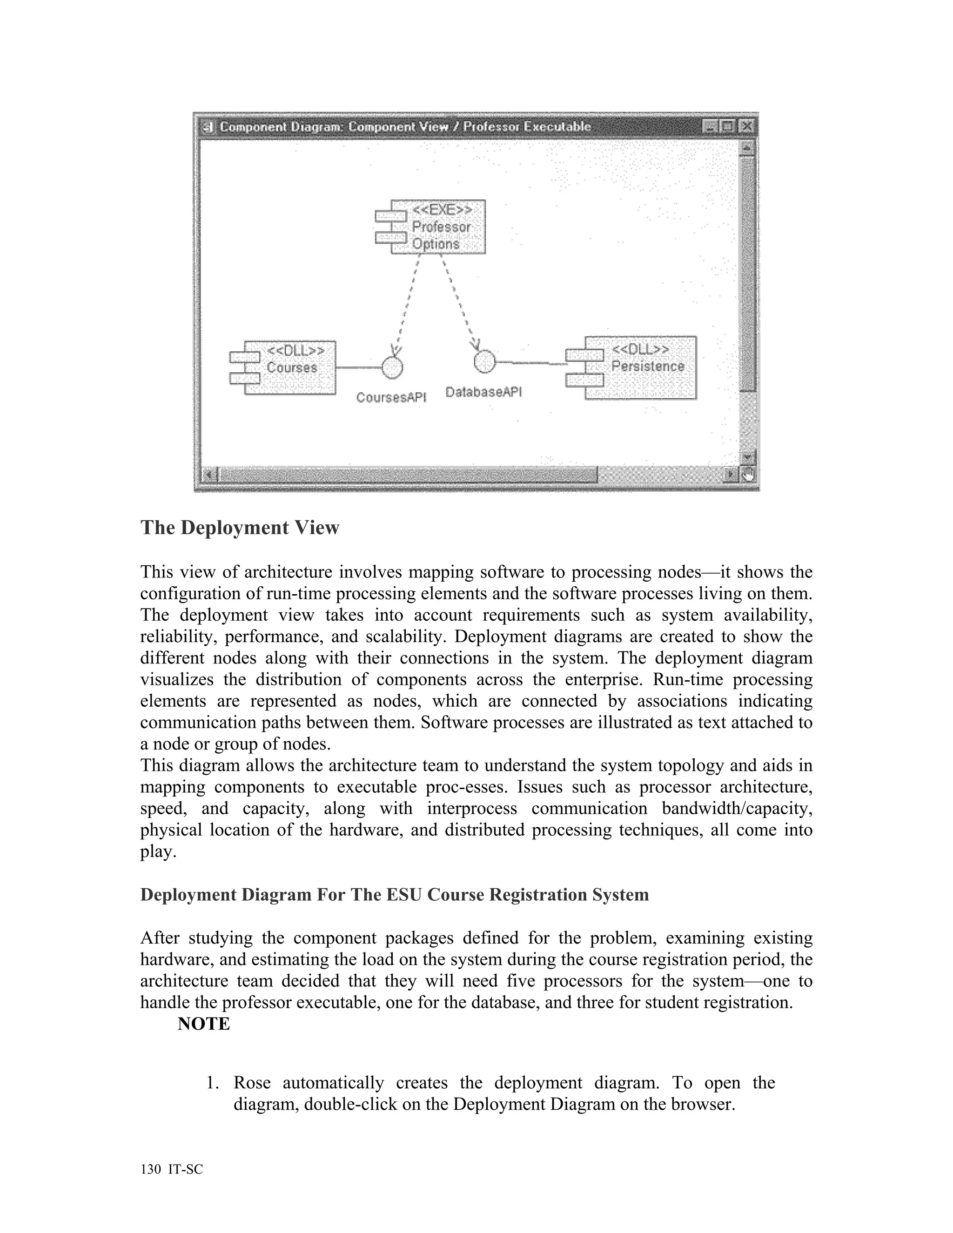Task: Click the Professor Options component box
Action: tap(437, 227)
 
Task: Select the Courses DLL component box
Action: tap(291, 367)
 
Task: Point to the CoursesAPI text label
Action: tap(391, 397)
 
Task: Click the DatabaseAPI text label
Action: tap(483, 392)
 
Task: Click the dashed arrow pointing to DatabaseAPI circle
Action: tap(460, 302)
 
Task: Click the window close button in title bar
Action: tap(746, 126)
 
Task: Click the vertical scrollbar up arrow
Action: tap(747, 148)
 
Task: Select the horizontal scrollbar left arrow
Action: tap(209, 474)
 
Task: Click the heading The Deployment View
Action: tap(240, 527)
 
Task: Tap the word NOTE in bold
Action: tap(204, 1024)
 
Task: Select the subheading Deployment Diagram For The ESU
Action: tap(394, 895)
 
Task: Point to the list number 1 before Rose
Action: tap(212, 1083)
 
